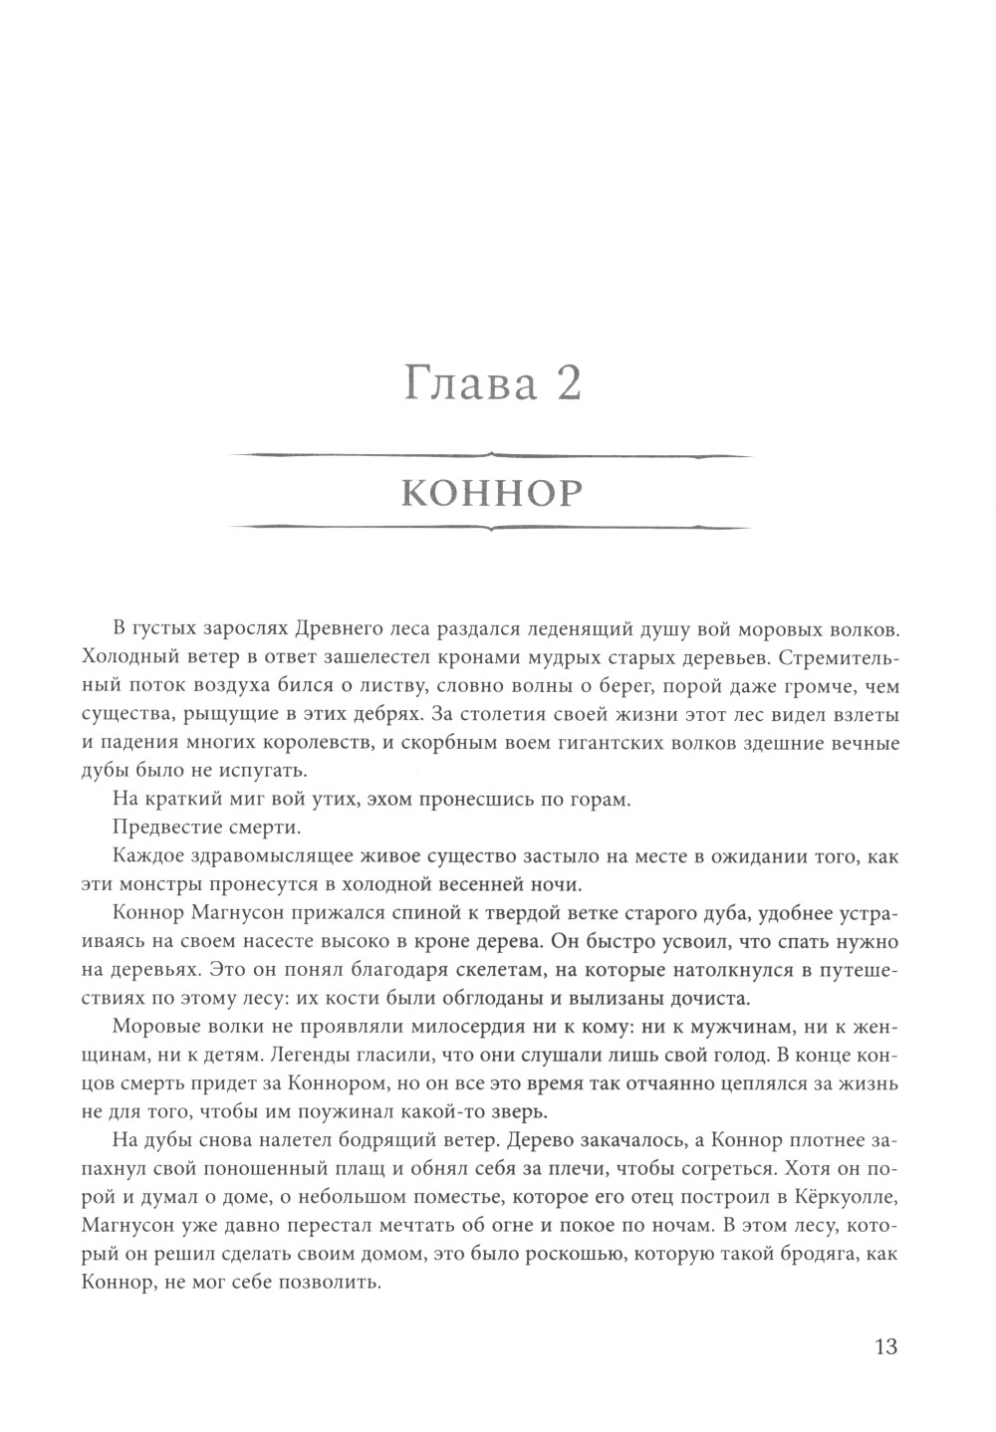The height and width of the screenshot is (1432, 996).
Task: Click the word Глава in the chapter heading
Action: coord(463,383)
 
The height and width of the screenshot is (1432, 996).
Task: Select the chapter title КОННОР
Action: coord(490,493)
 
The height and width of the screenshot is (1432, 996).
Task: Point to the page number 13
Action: coord(885,1346)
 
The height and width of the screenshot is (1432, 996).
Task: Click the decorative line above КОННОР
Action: coord(490,456)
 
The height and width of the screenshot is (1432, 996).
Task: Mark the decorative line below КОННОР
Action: coord(490,527)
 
